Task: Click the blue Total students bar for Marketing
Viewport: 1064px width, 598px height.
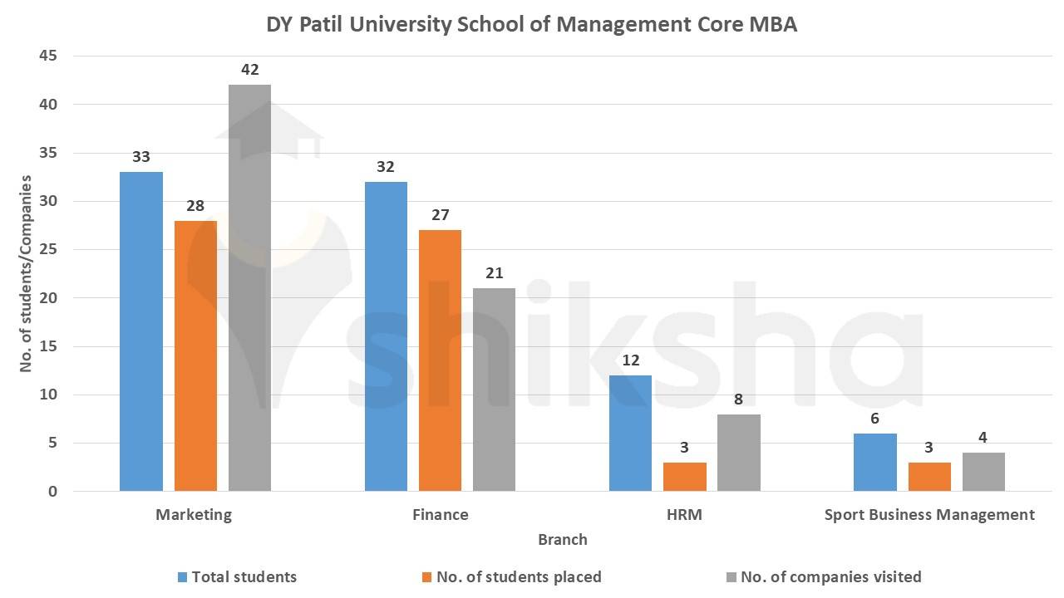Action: coord(141,332)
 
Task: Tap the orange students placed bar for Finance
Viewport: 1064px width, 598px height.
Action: coord(440,360)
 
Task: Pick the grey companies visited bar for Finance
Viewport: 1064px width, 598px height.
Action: coord(494,390)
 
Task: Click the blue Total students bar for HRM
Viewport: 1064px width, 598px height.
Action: coord(630,434)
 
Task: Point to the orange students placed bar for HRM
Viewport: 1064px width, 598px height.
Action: coord(684,477)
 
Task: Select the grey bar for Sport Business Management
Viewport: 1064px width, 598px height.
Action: coord(983,472)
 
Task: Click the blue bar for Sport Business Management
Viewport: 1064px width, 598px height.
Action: coord(875,463)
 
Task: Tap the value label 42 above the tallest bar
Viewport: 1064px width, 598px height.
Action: coord(250,70)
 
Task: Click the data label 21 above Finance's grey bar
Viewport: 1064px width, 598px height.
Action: coord(495,273)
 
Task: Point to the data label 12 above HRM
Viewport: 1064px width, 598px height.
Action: coord(630,360)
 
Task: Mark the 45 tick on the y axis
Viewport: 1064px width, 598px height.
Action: coord(49,56)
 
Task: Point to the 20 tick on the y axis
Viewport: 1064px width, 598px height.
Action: coord(49,298)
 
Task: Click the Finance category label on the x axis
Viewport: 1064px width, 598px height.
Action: coord(440,515)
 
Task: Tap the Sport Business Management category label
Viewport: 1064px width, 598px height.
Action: coord(929,515)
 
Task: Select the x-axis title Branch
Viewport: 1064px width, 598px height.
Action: coord(562,540)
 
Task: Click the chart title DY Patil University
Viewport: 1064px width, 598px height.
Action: coord(531,24)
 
